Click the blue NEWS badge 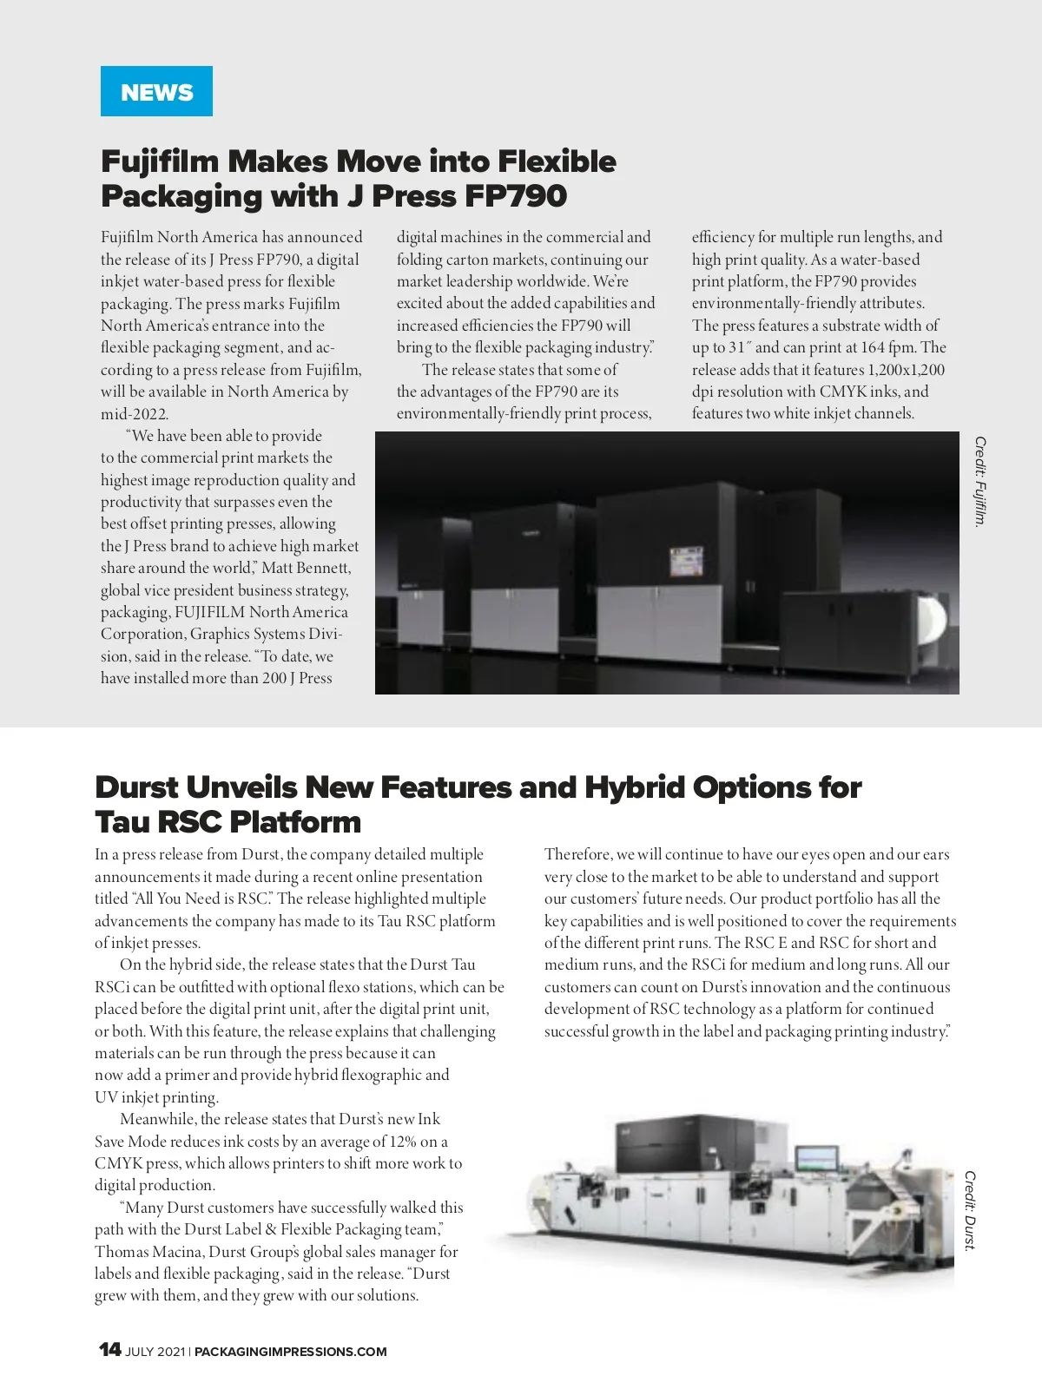click(x=156, y=91)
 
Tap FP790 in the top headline click(x=516, y=196)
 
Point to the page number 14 click(x=109, y=1349)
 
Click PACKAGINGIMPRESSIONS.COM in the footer click(x=291, y=1352)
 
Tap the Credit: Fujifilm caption click(x=980, y=482)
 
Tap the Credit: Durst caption click(x=970, y=1210)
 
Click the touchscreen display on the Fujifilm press click(x=685, y=564)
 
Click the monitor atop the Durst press click(x=816, y=1159)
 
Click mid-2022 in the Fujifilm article click(x=135, y=414)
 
